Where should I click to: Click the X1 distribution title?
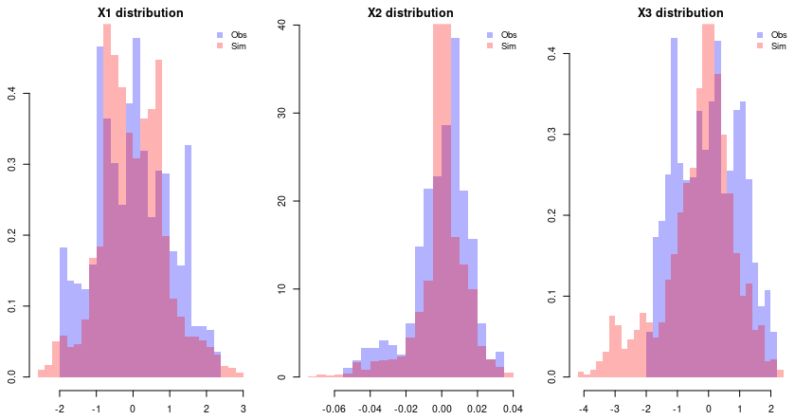coord(140,13)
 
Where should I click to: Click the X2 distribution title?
coord(410,13)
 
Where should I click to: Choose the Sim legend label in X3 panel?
coord(778,46)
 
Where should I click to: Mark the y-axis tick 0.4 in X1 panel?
coord(11,94)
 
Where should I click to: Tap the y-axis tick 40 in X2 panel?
coord(281,26)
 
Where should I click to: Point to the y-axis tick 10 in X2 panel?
coord(281,289)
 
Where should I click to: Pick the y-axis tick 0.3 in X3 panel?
coord(551,135)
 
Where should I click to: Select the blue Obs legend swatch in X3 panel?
coord(761,35)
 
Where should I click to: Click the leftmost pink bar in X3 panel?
coord(581,374)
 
